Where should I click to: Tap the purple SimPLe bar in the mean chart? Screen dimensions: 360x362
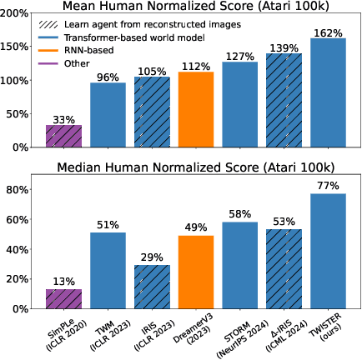[x=63, y=137]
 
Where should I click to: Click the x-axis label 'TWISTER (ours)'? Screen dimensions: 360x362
[x=321, y=330]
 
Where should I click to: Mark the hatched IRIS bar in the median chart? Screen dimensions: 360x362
[x=152, y=287]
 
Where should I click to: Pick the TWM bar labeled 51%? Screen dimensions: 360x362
[x=108, y=270]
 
